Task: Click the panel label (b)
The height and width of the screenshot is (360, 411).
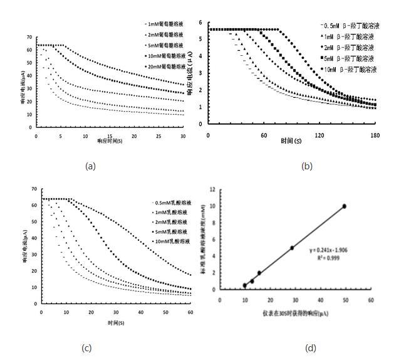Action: (x=307, y=166)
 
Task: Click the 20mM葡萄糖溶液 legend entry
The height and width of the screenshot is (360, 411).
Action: (x=164, y=66)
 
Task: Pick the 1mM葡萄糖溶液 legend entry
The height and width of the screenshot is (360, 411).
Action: (x=164, y=24)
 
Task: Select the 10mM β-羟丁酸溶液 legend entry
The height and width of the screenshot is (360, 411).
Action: (x=351, y=69)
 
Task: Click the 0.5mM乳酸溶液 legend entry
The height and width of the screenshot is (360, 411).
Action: (x=170, y=203)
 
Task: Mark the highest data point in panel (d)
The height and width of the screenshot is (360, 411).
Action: (x=344, y=206)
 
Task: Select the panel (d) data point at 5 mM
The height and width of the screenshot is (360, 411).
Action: (x=292, y=248)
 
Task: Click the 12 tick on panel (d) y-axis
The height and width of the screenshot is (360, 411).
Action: (x=213, y=189)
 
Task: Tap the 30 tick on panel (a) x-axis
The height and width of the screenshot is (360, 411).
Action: (x=183, y=135)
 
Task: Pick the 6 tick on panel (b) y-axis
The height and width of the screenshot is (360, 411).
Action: (x=200, y=23)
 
